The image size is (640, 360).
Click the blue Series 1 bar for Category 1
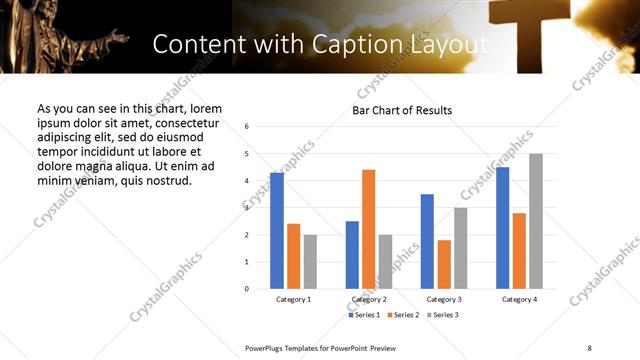(277, 231)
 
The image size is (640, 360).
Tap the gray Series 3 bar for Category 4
(536, 221)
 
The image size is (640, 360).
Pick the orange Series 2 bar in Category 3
(444, 264)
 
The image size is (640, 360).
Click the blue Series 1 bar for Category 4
(502, 228)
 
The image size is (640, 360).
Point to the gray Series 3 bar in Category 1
(310, 262)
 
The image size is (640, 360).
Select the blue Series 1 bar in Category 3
(427, 241)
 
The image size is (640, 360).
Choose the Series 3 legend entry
(443, 315)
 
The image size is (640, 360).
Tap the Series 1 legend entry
(363, 315)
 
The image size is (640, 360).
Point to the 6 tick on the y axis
(247, 126)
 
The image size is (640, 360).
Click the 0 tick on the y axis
(247, 289)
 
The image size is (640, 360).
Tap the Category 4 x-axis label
(519, 299)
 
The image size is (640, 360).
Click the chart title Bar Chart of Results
(402, 110)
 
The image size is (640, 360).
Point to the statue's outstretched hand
(118, 37)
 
